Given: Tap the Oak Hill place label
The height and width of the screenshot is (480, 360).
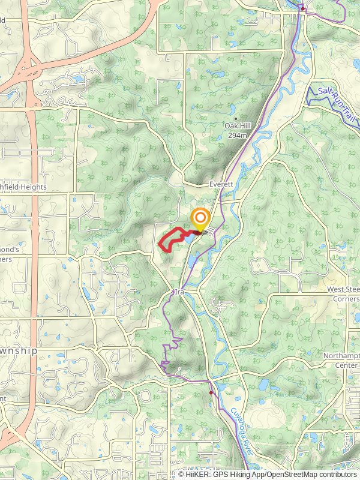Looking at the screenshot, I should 236,126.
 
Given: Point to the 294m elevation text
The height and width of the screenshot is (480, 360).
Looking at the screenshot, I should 238,136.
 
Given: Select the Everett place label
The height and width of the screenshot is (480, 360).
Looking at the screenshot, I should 220,184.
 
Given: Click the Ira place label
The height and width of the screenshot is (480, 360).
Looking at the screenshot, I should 178,291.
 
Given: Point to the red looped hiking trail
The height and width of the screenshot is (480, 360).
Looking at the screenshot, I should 170,238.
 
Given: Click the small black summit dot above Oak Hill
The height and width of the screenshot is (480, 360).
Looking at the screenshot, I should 236,118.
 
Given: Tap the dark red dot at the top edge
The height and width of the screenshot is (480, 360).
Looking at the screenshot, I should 304,8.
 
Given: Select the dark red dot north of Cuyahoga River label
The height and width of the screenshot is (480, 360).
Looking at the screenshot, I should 211,392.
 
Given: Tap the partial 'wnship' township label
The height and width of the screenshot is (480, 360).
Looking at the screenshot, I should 18,350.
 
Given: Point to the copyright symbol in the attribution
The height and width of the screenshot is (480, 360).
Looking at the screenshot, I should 181,474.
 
